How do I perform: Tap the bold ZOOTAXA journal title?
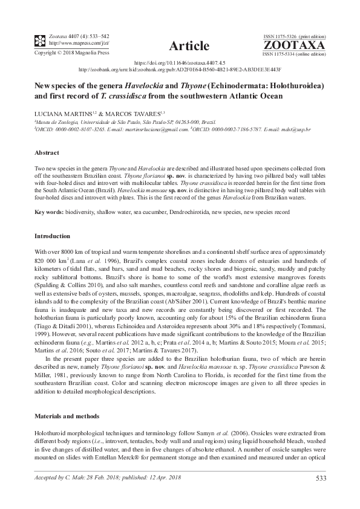[294, 45]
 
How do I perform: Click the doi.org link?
[180, 63]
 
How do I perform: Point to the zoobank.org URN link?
[180, 70]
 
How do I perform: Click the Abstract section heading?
[47, 154]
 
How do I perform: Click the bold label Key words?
[50, 212]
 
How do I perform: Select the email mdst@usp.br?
[298, 129]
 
